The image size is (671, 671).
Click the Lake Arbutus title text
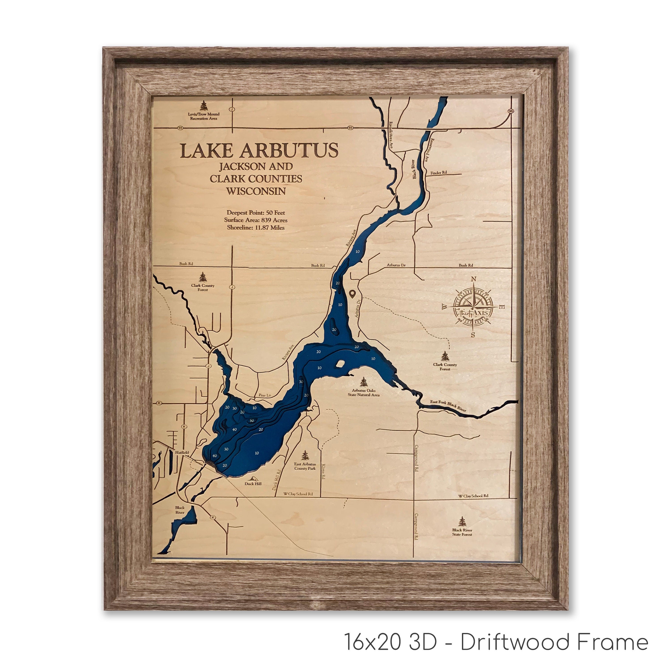click(x=259, y=150)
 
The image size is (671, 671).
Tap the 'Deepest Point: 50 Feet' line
click(x=256, y=212)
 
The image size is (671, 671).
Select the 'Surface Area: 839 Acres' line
click(x=256, y=220)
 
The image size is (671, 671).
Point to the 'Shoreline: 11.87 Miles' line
click(x=256, y=228)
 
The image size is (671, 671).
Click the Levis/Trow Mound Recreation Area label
click(x=204, y=116)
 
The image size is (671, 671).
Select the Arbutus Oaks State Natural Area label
click(x=364, y=393)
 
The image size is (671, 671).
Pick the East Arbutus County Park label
click(x=305, y=466)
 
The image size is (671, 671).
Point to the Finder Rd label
click(x=438, y=173)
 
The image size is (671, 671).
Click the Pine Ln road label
click(x=264, y=395)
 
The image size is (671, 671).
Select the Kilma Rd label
click(x=323, y=472)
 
